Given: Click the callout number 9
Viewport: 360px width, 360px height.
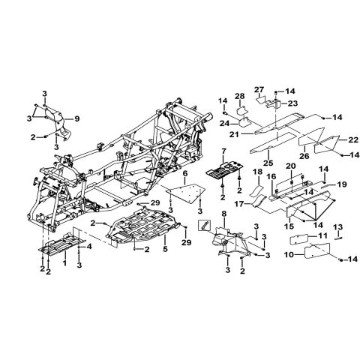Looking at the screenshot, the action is point(76,118).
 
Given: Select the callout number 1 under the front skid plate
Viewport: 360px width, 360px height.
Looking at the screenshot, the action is point(65,262).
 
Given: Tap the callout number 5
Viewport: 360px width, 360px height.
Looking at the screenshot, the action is point(165,249).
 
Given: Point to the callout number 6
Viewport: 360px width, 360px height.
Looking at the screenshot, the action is point(185,173).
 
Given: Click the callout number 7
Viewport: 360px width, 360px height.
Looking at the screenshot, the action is point(223,151).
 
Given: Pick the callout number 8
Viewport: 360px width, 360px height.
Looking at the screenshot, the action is point(224,214).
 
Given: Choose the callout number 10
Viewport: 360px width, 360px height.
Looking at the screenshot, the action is point(289,255).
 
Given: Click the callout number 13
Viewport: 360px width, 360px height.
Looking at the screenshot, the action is point(338,227).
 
